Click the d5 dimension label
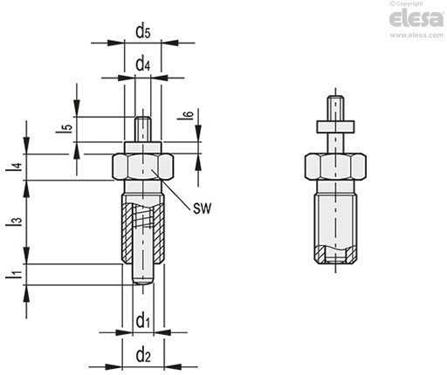point(143,31)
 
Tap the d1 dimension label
point(143,321)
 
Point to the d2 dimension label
point(143,355)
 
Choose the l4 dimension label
point(14,167)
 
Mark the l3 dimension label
point(14,222)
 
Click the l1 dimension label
point(14,275)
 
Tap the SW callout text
point(203,208)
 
